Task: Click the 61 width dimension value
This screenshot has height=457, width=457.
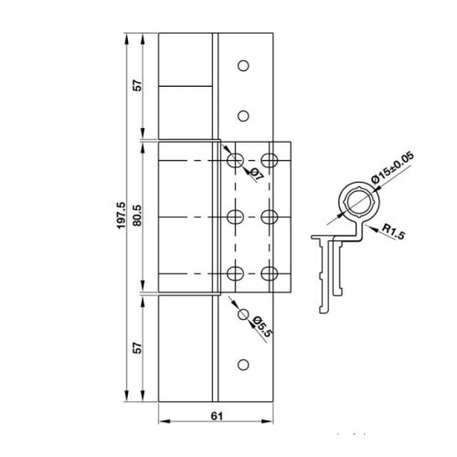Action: [215, 416]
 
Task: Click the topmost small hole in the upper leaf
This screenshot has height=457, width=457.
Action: [243, 66]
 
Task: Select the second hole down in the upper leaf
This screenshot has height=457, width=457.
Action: [243, 115]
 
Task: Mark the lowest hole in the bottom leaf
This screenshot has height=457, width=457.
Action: [243, 365]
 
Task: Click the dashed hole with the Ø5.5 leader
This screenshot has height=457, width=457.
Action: [243, 314]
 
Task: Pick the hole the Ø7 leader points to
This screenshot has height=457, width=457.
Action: [235, 161]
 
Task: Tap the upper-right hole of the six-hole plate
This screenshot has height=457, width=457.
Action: [269, 161]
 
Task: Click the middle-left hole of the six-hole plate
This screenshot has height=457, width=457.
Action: [235, 218]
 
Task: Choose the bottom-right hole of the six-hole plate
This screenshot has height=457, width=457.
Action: [269, 273]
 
